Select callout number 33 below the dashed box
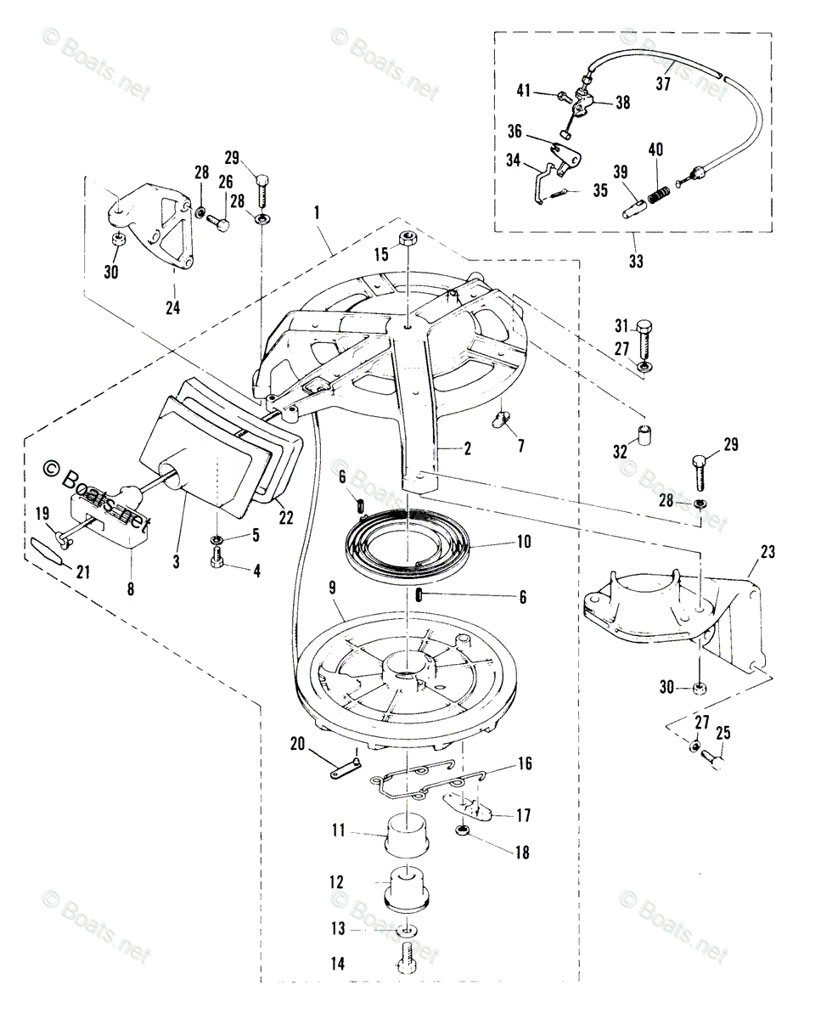point(635,262)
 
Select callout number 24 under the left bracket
point(173,308)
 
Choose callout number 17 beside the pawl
point(523,815)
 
